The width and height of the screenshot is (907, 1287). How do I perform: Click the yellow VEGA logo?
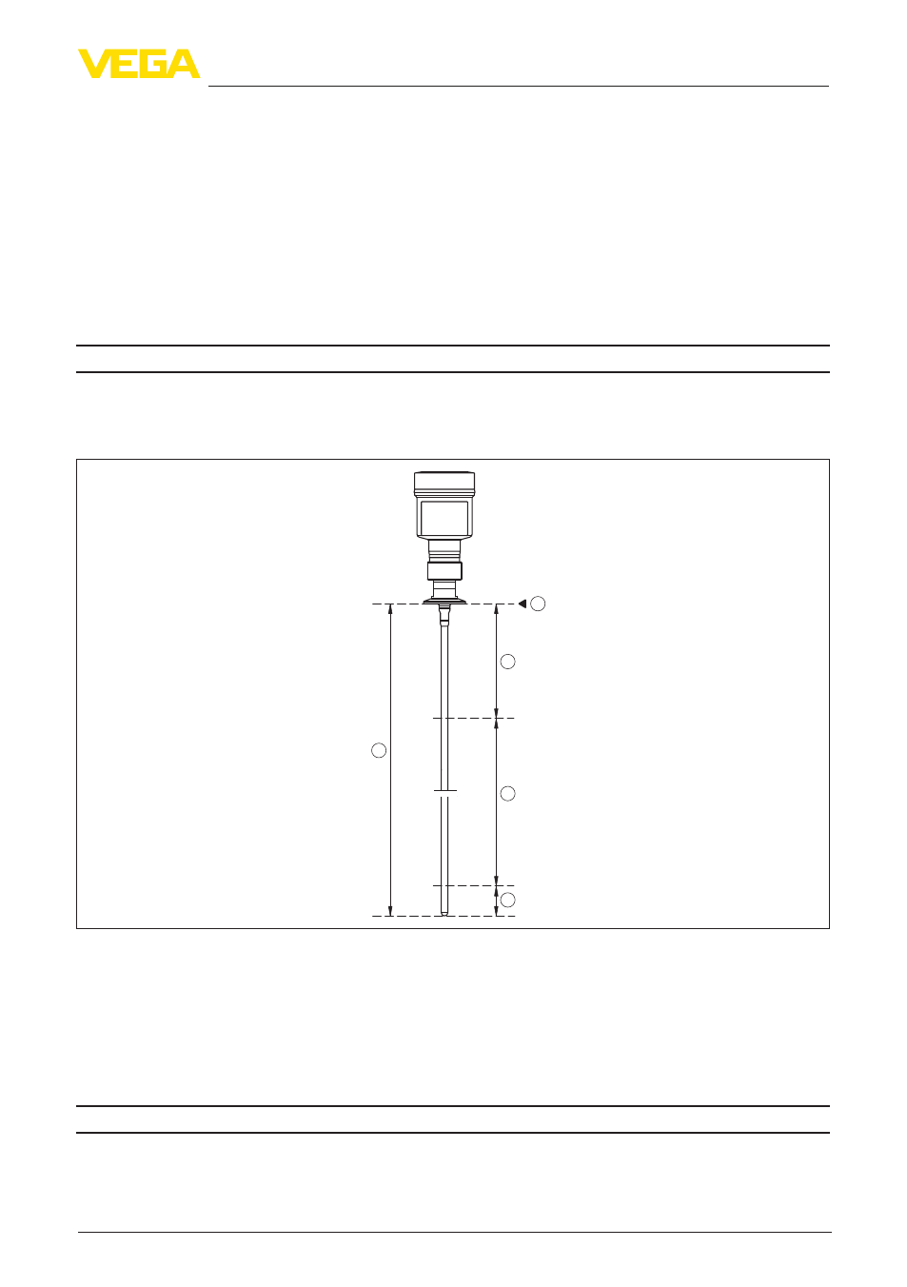(139, 63)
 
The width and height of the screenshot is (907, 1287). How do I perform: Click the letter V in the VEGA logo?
(93, 63)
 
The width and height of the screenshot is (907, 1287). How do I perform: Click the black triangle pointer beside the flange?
(523, 604)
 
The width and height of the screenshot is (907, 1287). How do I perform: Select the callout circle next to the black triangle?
(538, 604)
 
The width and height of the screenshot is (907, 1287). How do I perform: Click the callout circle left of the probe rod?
(379, 750)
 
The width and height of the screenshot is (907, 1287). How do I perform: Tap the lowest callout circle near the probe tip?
(508, 900)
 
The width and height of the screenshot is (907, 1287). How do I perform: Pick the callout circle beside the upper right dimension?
(508, 662)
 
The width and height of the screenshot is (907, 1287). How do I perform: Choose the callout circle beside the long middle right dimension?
(508, 794)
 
